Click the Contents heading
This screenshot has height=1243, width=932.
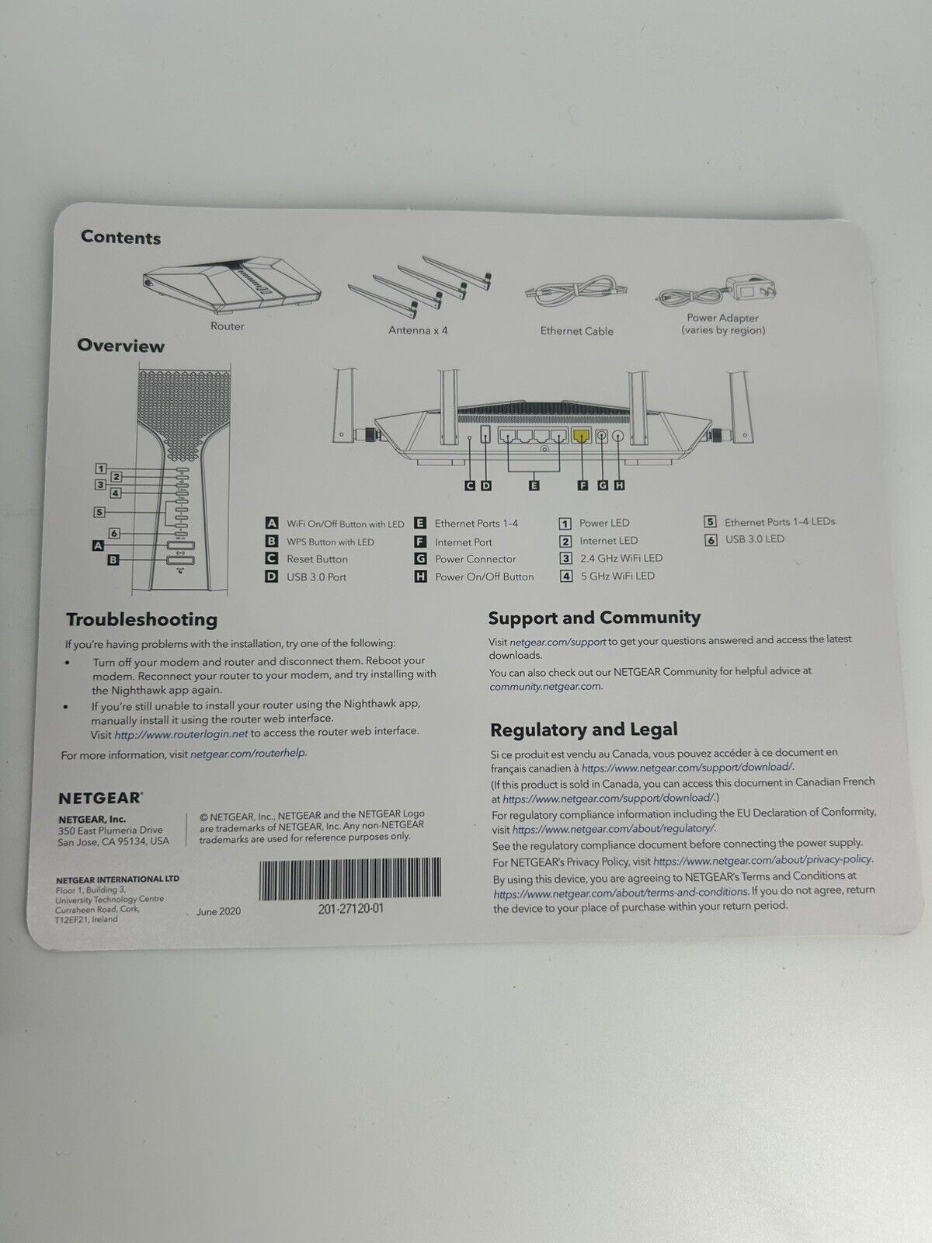coord(120,238)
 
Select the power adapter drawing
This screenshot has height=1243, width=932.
coord(720,292)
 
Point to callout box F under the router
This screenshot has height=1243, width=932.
coord(582,486)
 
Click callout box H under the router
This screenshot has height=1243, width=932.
coord(619,486)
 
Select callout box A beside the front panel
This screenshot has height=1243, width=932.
coord(98,546)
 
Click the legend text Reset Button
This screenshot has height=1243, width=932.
coord(317,559)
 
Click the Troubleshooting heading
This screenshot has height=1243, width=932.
coord(141,619)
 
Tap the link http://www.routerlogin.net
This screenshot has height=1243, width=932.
coord(181,732)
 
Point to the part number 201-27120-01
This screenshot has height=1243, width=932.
coord(351,909)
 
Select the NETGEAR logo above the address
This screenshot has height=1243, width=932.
coord(100,798)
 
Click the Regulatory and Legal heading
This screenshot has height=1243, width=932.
coord(583,729)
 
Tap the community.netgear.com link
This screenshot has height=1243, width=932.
coord(546,686)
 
